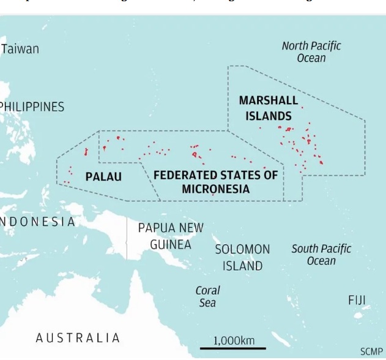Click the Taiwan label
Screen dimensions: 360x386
pyautogui.click(x=20, y=49)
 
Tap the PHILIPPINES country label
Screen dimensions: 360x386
pyautogui.click(x=32, y=107)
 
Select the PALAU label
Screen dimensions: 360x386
pyautogui.click(x=103, y=177)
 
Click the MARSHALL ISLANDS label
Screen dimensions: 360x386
pyautogui.click(x=269, y=108)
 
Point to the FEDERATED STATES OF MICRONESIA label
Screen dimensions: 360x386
pyautogui.click(x=215, y=182)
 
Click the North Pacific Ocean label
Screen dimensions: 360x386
pyautogui.click(x=311, y=51)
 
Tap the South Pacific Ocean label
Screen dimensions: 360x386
pyautogui.click(x=321, y=255)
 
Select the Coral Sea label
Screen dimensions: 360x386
pyautogui.click(x=207, y=296)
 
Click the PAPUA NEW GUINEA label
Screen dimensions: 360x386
pyautogui.click(x=171, y=236)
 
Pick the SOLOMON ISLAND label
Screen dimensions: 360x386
pyautogui.click(x=242, y=258)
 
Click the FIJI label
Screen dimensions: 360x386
pyautogui.click(x=357, y=300)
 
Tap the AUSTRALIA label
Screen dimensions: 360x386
pyautogui.click(x=78, y=337)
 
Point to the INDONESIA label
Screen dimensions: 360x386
pyautogui.click(x=37, y=222)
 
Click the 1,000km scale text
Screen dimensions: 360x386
pyautogui.click(x=234, y=340)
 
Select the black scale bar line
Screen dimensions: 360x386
pyautogui.click(x=233, y=349)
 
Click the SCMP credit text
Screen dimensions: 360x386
pyautogui.click(x=371, y=351)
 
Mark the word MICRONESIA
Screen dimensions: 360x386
pyautogui.click(x=215, y=189)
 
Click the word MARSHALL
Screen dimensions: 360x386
pyautogui.click(x=269, y=100)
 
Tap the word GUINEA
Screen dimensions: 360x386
pyautogui.click(x=171, y=244)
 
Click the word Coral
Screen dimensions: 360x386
pyautogui.click(x=207, y=290)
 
